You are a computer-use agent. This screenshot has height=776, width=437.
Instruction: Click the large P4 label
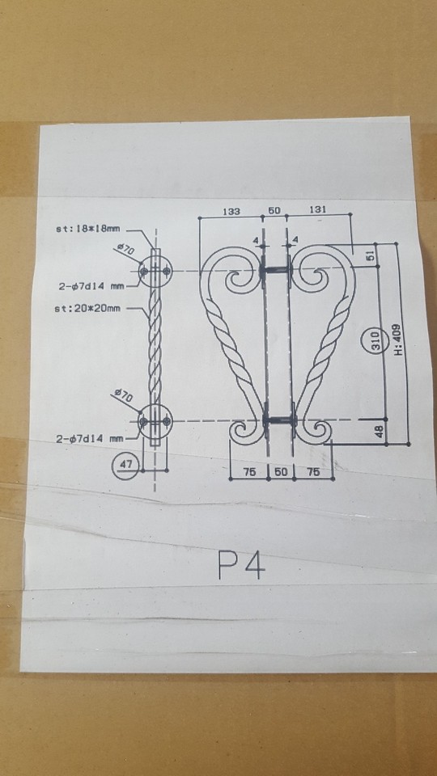point(241,565)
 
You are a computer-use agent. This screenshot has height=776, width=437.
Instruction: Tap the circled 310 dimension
point(375,340)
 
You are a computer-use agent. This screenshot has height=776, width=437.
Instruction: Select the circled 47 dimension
point(126,466)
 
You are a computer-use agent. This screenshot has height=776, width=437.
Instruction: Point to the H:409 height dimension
point(398,339)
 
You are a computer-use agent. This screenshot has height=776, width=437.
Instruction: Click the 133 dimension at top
point(231,211)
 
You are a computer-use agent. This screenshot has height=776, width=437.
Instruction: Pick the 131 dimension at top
point(317,210)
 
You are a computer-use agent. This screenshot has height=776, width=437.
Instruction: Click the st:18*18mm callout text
point(89,229)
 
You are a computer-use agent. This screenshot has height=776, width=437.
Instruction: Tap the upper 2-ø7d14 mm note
point(89,285)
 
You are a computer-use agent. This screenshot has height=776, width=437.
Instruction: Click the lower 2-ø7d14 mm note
point(89,438)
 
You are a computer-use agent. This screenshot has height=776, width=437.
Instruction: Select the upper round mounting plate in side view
point(155,272)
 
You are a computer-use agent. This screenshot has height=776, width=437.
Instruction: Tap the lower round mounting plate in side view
point(155,421)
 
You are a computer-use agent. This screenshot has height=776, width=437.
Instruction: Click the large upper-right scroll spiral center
point(315,278)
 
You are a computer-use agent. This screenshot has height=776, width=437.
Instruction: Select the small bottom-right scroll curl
point(316,432)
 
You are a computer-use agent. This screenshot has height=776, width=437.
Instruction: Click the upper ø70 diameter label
point(125,249)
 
